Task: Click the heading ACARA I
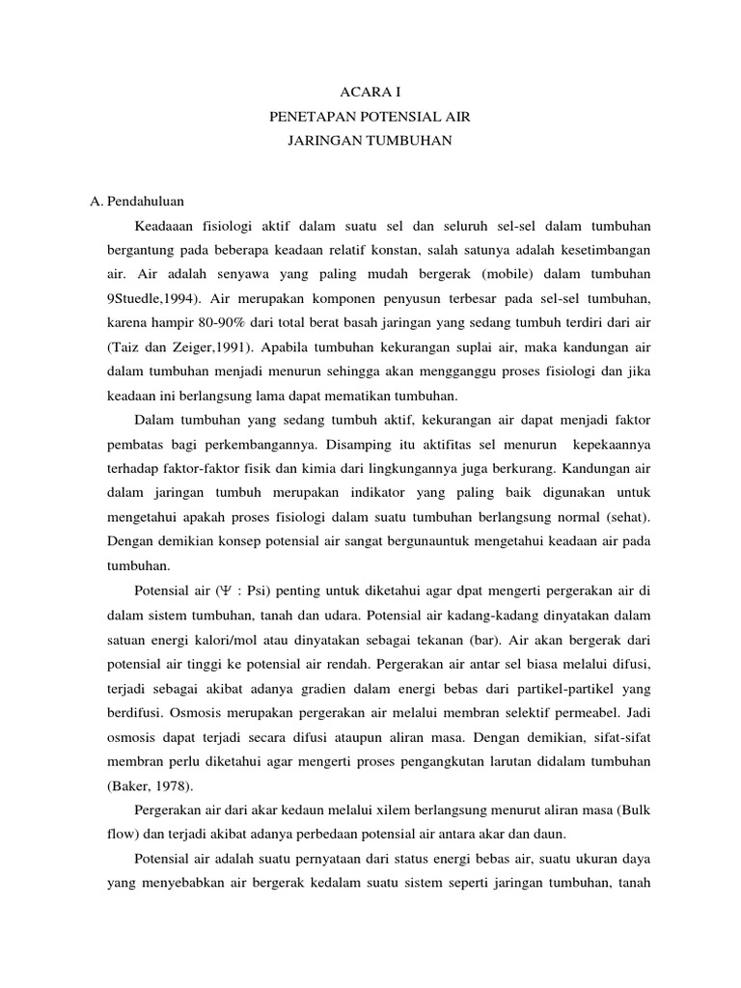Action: (370, 92)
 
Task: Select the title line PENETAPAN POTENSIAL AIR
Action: (370, 117)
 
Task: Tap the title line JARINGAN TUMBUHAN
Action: (370, 142)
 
